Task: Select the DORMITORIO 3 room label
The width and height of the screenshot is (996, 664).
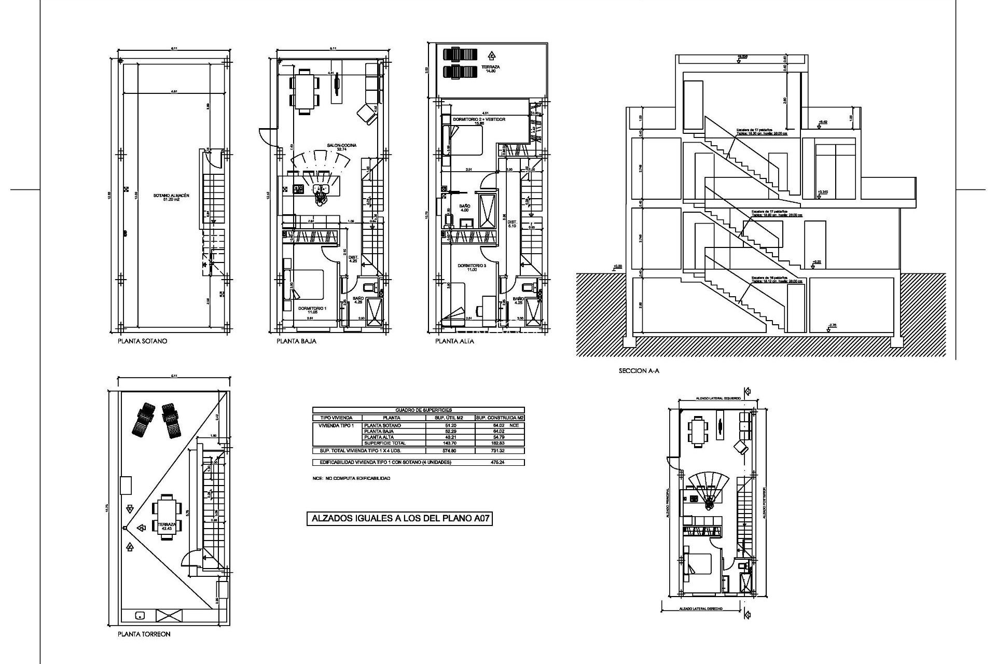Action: pos(472,268)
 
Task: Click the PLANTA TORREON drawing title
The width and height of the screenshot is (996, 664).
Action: pos(144,634)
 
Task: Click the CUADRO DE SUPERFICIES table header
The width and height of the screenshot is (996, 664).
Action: pos(418,410)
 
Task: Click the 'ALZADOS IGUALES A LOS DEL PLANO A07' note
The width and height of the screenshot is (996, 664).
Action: pos(399,533)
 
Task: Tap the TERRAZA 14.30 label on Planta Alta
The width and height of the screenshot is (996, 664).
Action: pos(490,69)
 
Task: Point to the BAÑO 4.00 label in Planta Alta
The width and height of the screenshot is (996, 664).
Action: pos(464,208)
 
